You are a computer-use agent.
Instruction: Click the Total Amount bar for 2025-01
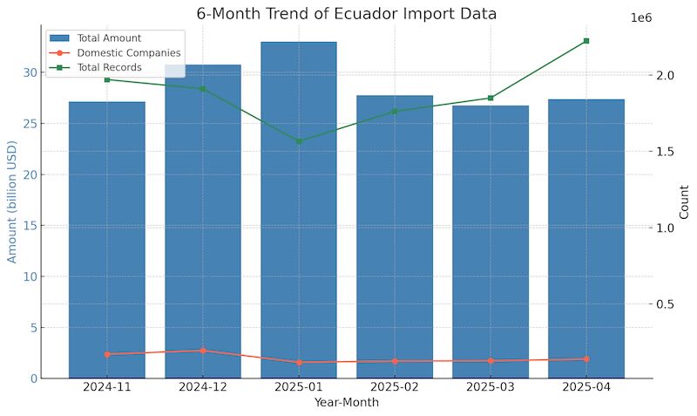tap(299, 209)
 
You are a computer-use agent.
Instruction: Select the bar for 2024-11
tap(107, 240)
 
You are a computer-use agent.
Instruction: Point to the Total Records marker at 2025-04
tap(586, 41)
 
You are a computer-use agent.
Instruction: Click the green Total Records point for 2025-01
tap(299, 141)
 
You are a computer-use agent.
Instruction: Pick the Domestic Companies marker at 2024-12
tap(203, 351)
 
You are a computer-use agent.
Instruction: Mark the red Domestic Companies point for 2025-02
tap(395, 361)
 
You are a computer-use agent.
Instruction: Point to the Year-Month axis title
tap(347, 403)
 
